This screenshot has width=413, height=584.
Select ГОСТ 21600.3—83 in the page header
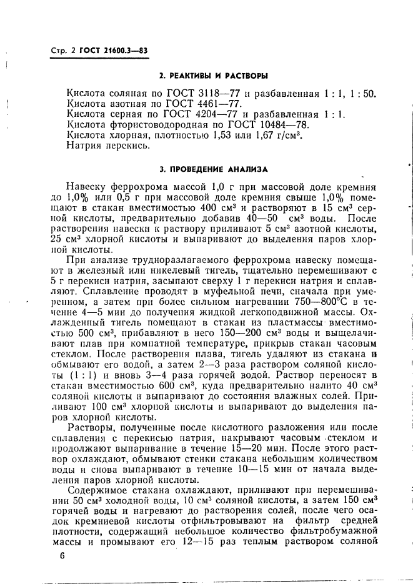tap(113, 50)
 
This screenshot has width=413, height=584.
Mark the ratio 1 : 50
tap(361, 93)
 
